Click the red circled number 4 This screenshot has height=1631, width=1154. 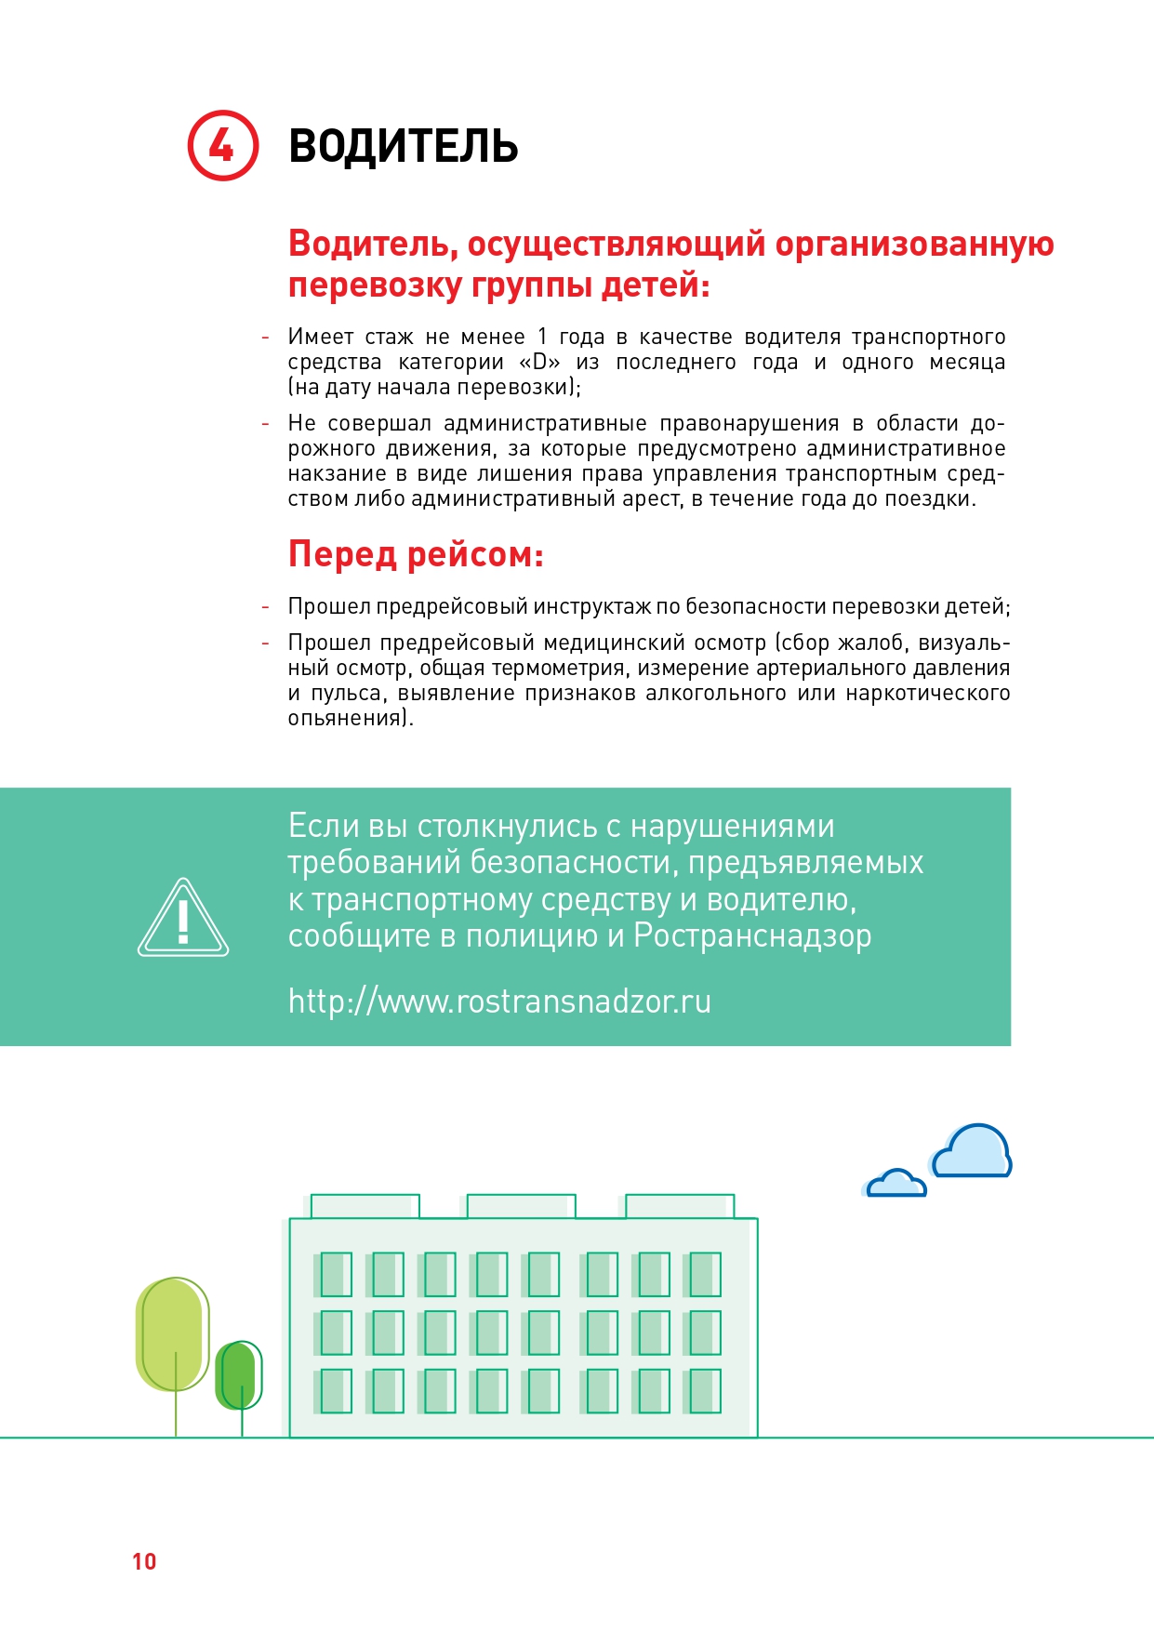click(222, 146)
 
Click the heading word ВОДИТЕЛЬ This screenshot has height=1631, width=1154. click(403, 147)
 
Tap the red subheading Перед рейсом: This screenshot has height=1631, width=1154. click(416, 554)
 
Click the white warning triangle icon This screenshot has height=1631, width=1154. click(183, 919)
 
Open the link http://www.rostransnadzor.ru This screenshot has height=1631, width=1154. click(499, 1001)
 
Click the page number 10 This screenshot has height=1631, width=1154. click(144, 1561)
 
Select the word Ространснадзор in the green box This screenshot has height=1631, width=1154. click(752, 935)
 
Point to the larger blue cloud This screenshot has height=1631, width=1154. click(972, 1152)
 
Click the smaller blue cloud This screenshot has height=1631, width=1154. click(896, 1184)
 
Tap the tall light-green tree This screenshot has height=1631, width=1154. click(173, 1334)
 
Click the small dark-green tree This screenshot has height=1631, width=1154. click(239, 1375)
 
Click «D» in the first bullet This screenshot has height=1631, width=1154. click(539, 362)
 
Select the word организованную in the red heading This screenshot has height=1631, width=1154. click(914, 244)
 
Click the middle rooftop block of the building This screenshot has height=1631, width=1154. click(521, 1206)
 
